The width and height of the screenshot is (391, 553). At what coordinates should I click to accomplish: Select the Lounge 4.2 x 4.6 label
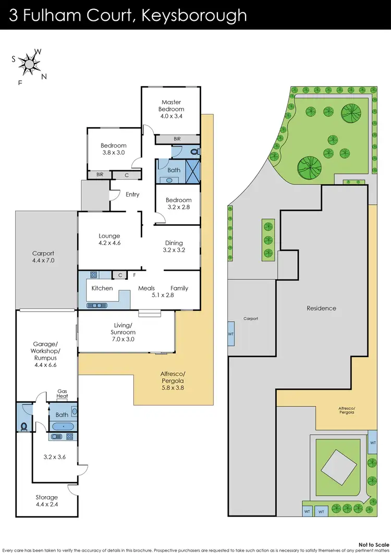[x=109, y=239]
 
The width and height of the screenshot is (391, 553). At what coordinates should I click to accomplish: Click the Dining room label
[x=174, y=246]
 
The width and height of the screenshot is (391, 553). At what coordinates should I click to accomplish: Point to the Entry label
[x=132, y=194]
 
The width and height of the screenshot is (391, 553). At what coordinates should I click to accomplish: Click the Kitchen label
[x=102, y=288]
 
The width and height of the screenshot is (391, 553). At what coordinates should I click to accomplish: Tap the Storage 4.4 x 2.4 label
[x=46, y=501]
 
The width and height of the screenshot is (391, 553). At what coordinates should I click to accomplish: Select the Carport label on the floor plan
[x=43, y=256]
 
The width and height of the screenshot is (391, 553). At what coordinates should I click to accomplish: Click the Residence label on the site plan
[x=321, y=308]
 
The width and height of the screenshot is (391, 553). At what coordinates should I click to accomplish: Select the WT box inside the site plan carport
[x=231, y=334]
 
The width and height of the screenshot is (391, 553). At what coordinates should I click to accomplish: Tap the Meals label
[x=146, y=288]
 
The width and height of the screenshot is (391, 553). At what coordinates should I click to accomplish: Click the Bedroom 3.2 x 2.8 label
[x=178, y=203]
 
